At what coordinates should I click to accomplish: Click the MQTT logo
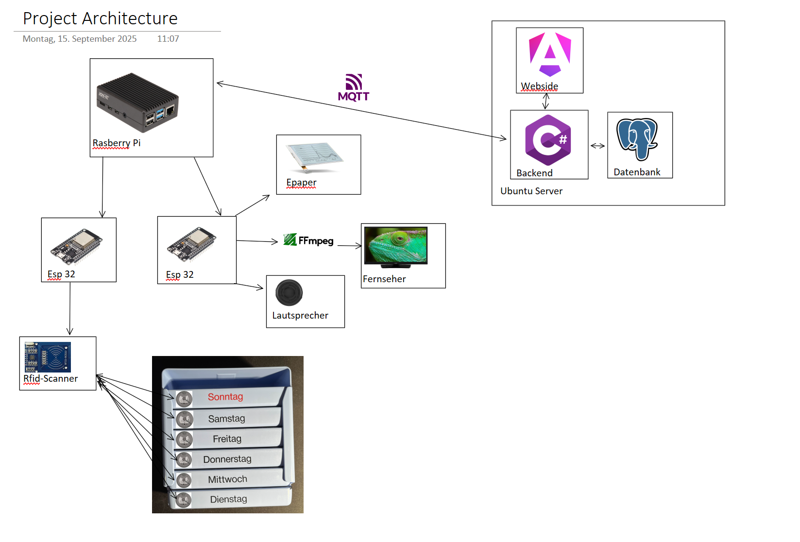tap(354, 88)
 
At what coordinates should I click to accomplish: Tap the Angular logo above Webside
tap(550, 54)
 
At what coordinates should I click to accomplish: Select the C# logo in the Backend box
tap(548, 140)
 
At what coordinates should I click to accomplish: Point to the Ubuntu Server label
tap(531, 191)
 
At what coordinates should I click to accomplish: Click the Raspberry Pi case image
tap(137, 102)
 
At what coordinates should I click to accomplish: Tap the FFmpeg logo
tap(308, 240)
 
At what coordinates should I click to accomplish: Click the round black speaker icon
tap(289, 292)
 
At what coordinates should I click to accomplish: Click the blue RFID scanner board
tap(48, 357)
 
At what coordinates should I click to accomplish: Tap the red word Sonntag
tap(225, 397)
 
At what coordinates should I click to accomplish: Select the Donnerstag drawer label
tap(227, 459)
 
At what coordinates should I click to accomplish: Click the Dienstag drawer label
tap(228, 499)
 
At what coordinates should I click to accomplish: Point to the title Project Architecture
tap(100, 18)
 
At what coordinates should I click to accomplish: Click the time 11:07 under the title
tap(168, 39)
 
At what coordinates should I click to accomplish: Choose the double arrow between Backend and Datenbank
tap(597, 146)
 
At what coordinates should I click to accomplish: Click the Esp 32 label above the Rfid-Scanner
tap(61, 274)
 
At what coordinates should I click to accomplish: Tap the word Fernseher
tap(384, 279)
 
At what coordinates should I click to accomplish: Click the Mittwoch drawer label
tap(227, 479)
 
